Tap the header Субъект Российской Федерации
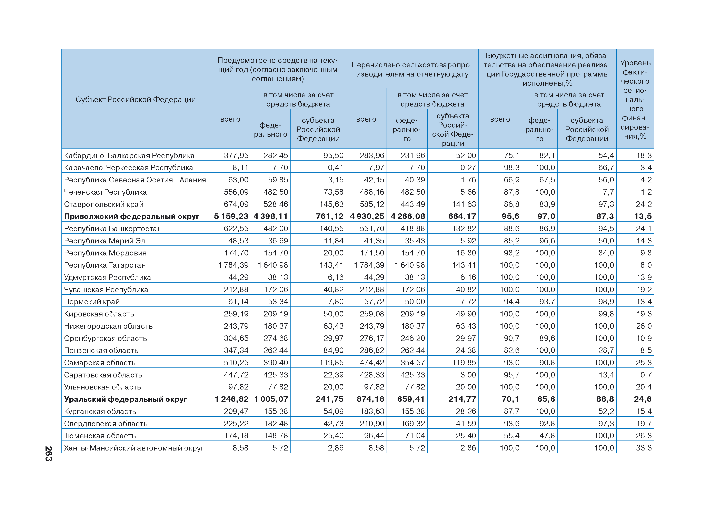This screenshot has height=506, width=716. [136, 99]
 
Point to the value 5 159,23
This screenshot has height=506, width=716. [231, 216]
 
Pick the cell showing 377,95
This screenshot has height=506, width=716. [236, 155]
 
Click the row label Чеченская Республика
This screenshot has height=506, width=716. [105, 192]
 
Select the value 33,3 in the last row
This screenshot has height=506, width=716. [644, 448]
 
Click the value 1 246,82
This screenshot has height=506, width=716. [232, 399]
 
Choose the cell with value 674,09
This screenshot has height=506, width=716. [236, 204]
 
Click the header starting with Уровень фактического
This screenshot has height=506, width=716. [635, 99]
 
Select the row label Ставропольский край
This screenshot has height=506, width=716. [103, 204]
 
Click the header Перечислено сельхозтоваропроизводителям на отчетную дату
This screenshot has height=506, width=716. [412, 69]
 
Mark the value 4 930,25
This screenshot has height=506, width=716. [367, 216]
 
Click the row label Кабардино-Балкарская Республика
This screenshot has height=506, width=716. [129, 155]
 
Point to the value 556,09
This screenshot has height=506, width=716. [236, 192]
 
